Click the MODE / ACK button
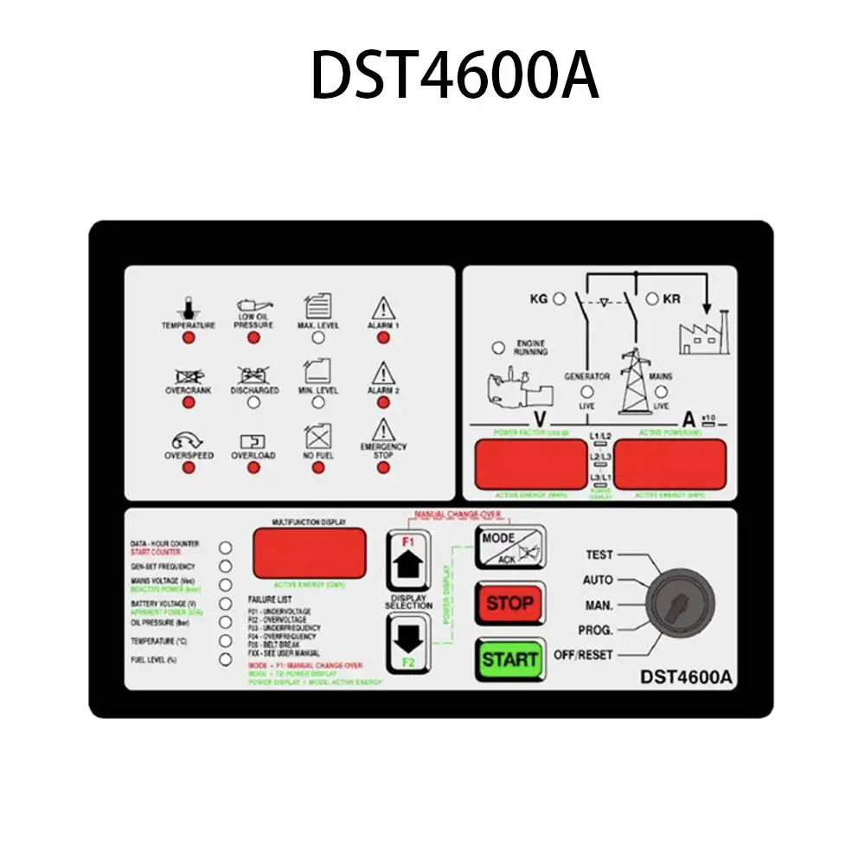pyautogui.click(x=509, y=547)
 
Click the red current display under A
pyautogui.click(x=670, y=463)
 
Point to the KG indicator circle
pyautogui.click(x=560, y=298)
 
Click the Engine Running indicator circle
pyautogui.click(x=498, y=348)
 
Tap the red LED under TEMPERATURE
pyautogui.click(x=189, y=337)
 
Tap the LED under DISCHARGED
pyautogui.click(x=253, y=402)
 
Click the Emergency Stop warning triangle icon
pyautogui.click(x=382, y=430)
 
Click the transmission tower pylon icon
pyautogui.click(x=636, y=385)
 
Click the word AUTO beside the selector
pyautogui.click(x=599, y=580)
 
